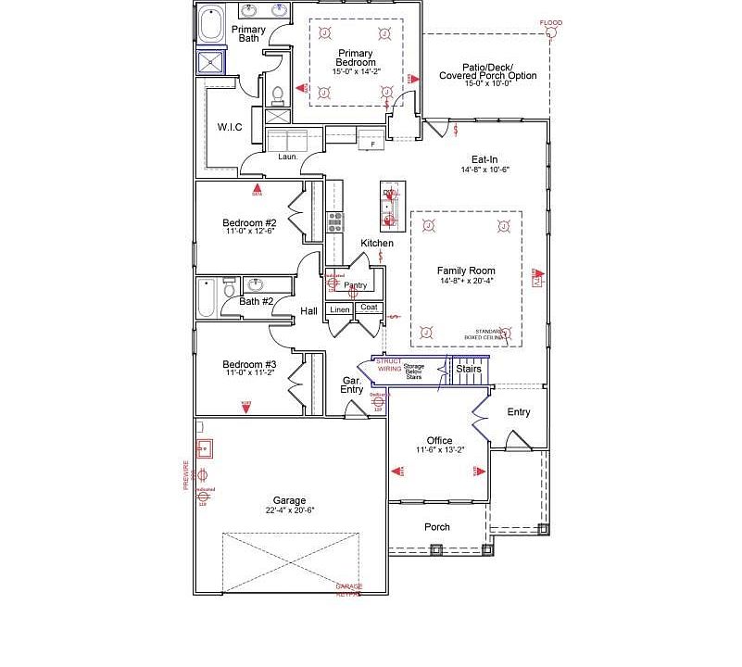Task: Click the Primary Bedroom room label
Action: point(356,57)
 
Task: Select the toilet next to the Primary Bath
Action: point(277,94)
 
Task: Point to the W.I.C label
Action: point(230,127)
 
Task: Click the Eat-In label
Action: point(484,159)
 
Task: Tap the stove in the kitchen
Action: point(334,221)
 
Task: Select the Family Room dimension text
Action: point(466,281)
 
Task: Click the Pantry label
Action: point(356,285)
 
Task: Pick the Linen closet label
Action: point(340,308)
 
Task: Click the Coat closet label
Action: point(369,308)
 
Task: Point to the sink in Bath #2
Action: point(256,284)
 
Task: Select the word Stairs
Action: point(469,369)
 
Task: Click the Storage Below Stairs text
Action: point(413,371)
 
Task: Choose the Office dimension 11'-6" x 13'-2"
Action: point(439,450)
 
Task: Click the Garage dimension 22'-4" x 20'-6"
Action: point(288,510)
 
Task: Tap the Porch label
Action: point(437,527)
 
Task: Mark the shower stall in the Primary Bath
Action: point(212,61)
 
